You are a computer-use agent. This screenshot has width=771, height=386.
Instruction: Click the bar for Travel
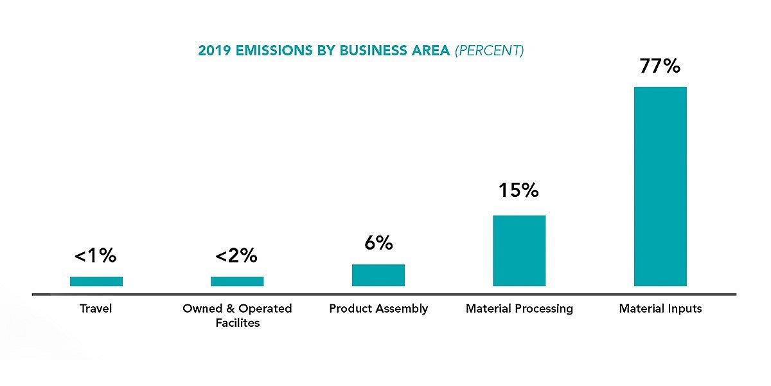[96, 281]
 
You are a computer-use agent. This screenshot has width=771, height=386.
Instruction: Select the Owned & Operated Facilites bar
[237, 281]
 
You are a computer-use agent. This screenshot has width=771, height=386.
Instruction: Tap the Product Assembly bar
[378, 275]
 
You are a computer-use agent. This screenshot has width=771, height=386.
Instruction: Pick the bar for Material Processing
[519, 250]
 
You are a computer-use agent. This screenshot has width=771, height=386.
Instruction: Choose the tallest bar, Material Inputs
[660, 186]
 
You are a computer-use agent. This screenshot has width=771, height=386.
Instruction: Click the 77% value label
[660, 66]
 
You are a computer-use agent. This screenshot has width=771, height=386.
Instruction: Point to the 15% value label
[518, 190]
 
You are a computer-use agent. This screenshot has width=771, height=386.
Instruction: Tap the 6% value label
[378, 243]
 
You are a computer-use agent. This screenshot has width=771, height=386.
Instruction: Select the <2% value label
[236, 255]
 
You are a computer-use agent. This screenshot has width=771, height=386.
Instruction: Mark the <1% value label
[96, 255]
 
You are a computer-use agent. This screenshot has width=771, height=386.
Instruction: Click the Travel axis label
[96, 309]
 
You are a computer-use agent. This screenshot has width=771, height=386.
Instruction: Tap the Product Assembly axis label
[378, 309]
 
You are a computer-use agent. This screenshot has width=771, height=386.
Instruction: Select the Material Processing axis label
[519, 309]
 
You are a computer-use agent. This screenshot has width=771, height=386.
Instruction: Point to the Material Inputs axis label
[660, 309]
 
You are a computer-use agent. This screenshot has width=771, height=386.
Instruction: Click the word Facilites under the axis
[237, 323]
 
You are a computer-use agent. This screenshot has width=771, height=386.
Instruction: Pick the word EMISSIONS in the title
[267, 51]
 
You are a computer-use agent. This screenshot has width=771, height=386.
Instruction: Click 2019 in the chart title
[213, 51]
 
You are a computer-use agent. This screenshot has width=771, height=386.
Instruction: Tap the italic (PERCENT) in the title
[489, 51]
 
